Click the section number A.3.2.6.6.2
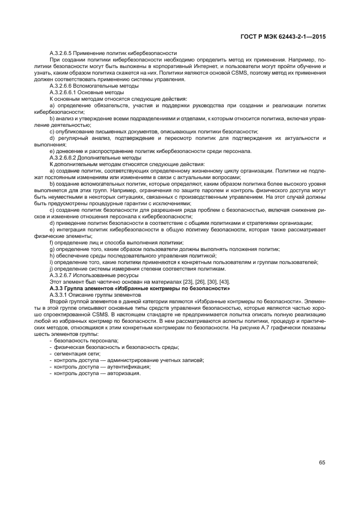tap(68, 157)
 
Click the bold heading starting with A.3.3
tap(139, 287)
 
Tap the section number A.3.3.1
tap(60, 294)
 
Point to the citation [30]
tap(209, 281)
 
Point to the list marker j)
tap(52, 268)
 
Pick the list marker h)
tap(52, 255)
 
